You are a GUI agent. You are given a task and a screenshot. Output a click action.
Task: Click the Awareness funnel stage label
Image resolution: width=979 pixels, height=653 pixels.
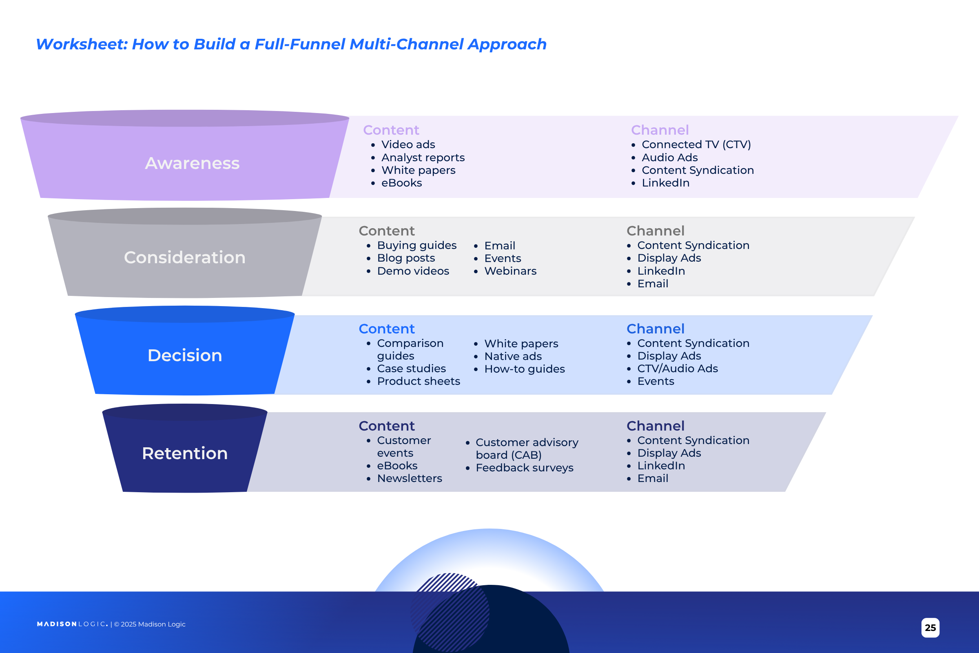coord(192,163)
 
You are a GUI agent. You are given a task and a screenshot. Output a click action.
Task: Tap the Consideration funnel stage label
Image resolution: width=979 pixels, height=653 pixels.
coord(184,257)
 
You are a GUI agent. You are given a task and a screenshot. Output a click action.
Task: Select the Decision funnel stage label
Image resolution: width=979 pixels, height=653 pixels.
coord(185,355)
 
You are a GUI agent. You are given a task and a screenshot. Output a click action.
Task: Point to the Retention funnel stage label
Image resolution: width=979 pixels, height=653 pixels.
coord(185,453)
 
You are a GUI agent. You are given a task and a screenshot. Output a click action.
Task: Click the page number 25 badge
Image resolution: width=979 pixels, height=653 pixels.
coord(930,628)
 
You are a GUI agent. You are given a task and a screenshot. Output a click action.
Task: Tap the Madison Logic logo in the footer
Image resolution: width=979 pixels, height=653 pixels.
coord(72,624)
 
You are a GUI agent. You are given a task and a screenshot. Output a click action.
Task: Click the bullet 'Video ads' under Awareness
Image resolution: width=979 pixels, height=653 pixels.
coord(408,144)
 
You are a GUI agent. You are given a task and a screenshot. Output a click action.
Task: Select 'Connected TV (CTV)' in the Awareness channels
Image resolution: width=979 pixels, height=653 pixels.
coord(696,144)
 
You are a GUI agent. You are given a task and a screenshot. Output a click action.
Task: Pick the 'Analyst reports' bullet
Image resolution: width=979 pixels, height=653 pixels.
coord(423,158)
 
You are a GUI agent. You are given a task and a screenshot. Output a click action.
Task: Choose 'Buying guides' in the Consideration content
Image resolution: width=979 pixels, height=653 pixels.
coord(416,245)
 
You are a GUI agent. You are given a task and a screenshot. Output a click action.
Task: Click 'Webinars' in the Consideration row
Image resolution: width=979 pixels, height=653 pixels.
coord(510,271)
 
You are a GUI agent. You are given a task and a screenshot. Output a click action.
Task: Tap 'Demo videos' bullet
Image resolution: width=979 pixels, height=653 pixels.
coord(413,271)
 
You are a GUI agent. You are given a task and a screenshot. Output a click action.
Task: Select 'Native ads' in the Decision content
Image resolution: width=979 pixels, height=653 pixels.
coord(513,356)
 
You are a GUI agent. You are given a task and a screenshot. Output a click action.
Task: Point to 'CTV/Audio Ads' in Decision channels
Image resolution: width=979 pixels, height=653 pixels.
coord(677,369)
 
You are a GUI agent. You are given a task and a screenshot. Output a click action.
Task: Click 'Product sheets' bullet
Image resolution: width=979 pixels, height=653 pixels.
coord(419,382)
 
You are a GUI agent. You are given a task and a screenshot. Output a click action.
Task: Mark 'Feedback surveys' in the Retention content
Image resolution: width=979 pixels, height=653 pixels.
coord(524,468)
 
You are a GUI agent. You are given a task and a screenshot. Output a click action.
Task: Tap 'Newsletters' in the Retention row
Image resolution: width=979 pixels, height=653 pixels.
coord(409,478)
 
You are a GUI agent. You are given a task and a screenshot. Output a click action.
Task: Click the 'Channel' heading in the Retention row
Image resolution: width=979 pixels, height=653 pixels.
coord(655,426)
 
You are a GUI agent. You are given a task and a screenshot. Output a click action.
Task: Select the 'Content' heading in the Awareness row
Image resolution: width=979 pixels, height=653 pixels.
coord(391,130)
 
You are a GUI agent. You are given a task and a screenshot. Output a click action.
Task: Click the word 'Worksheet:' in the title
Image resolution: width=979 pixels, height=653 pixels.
coord(82,44)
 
